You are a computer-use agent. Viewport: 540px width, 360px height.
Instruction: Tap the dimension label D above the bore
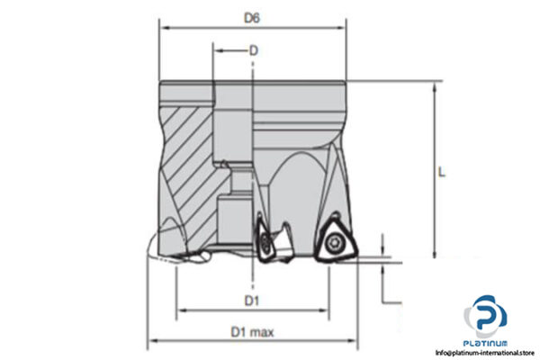(254, 51)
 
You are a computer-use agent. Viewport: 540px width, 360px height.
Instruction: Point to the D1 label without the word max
(253, 300)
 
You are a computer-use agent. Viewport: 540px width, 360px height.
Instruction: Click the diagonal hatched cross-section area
(184, 153)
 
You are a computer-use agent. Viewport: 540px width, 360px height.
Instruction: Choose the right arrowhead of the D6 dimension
(345, 26)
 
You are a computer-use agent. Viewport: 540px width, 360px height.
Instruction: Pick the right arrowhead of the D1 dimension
(326, 310)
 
